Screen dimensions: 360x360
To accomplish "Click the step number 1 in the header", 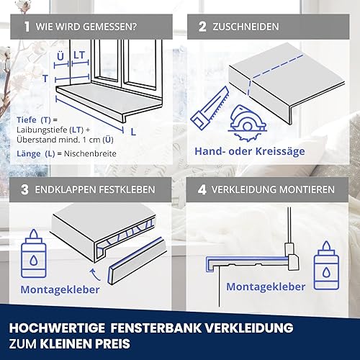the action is tap(27, 27).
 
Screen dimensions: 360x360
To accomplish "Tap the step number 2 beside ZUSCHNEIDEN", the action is tap(202, 27).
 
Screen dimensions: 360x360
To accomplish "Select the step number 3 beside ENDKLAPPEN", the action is tap(24, 189).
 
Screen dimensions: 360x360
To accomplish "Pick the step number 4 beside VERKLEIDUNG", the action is tap(202, 189).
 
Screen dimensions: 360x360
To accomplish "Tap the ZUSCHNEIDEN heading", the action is tap(246, 27).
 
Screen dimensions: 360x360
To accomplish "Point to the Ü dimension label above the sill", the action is tap(60, 56).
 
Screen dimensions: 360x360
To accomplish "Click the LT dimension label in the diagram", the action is tap(79, 55).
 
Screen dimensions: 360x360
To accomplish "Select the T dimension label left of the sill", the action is tap(45, 78).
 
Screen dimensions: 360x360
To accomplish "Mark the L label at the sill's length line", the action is tap(133, 132).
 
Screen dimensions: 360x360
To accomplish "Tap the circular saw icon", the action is tap(247, 123).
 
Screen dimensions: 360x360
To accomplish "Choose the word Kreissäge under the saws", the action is tap(280, 152).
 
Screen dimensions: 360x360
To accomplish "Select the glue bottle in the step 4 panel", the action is tap(326, 266).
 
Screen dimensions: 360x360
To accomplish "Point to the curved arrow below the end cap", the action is tap(95, 274).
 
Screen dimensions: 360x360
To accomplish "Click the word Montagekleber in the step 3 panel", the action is tap(60, 289).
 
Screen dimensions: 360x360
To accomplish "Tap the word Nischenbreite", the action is tap(90, 153).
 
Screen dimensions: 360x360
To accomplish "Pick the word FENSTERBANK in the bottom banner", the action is tap(156, 328).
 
